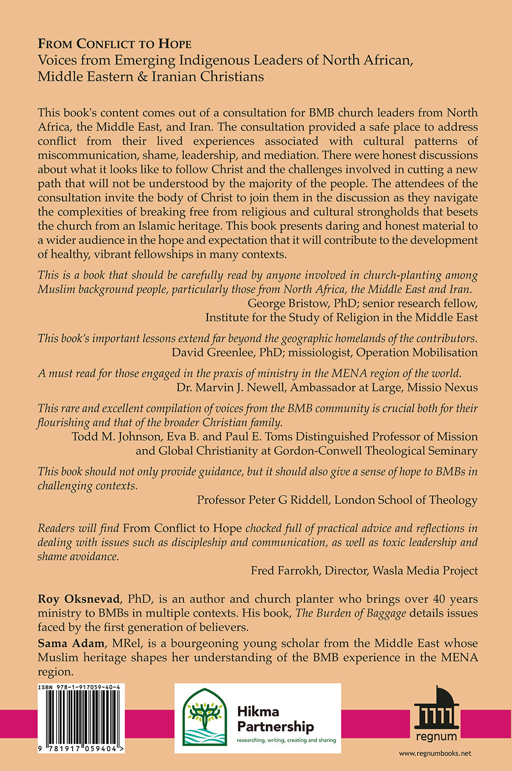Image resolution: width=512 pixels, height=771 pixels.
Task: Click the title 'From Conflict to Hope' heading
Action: [x=115, y=44]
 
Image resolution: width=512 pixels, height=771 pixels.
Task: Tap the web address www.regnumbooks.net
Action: [x=435, y=753]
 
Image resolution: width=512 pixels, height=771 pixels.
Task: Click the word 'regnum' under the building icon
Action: [x=436, y=737]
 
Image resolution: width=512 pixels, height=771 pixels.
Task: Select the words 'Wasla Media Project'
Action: [x=425, y=570]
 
